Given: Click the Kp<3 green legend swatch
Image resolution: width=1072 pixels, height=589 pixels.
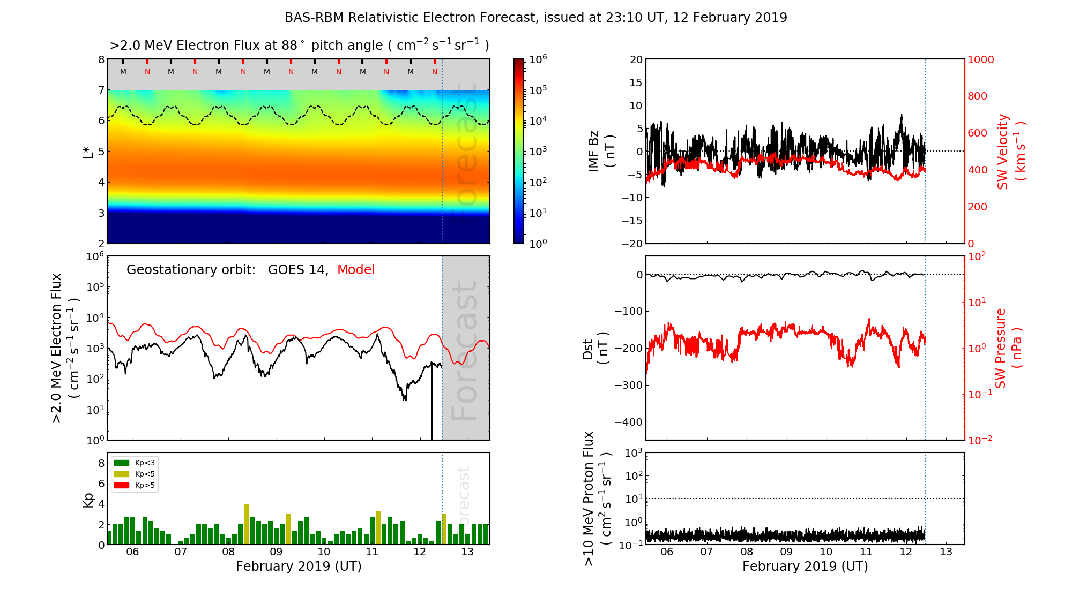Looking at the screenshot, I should point(122,463).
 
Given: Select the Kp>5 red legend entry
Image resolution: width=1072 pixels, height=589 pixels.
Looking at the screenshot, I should point(135,486).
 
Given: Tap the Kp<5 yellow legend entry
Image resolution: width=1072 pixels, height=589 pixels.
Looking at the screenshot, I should point(135,474).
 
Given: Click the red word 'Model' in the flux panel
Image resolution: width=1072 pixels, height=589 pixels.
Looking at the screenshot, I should point(356,270).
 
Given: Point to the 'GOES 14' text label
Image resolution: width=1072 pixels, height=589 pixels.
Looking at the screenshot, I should point(297,270).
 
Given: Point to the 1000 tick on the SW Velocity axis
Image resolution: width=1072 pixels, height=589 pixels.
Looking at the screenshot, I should point(980,59).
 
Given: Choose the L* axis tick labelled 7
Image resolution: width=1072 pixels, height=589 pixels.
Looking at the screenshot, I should point(101,90).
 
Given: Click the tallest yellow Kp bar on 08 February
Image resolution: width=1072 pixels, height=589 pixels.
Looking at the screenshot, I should point(246,524).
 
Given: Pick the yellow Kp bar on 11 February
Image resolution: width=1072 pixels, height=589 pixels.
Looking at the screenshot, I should point(378,527).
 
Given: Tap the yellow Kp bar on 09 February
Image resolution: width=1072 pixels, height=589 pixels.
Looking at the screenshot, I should point(288,529).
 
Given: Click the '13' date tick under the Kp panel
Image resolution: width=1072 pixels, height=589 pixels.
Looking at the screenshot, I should point(467,552).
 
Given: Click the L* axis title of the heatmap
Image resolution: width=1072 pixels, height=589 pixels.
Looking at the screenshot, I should point(88,152).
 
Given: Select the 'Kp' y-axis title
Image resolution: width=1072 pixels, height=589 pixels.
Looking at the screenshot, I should point(88,500).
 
